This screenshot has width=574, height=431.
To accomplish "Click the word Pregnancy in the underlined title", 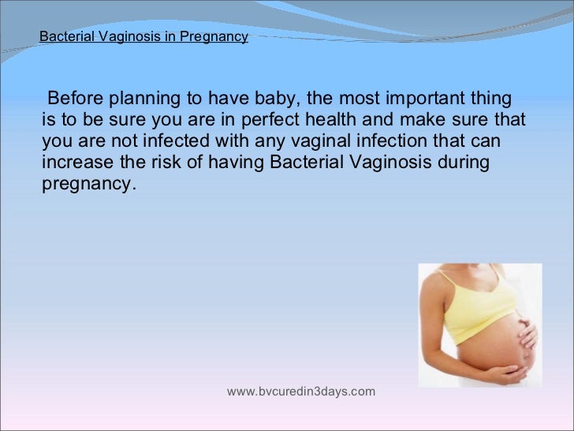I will tap(219, 36).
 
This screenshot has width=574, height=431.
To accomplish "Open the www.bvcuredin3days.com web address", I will tap(301, 392).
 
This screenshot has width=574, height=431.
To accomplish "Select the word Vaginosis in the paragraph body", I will tap(378, 163).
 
